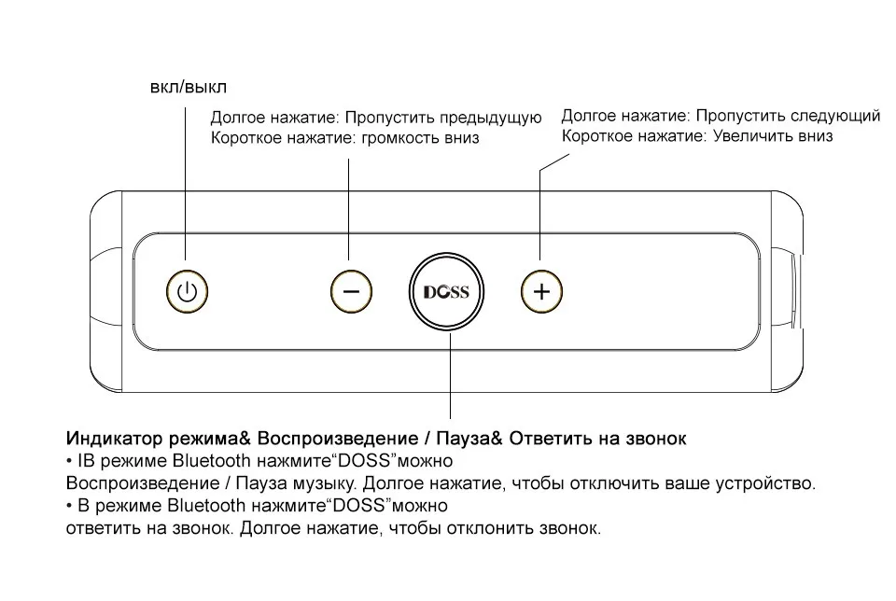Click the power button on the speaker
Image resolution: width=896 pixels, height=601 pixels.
pyautogui.click(x=189, y=292)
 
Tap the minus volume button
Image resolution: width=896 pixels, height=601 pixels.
pyautogui.click(x=351, y=291)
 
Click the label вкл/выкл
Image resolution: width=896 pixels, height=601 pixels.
pyautogui.click(x=189, y=87)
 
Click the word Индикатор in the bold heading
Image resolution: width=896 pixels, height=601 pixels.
pyautogui.click(x=110, y=438)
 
